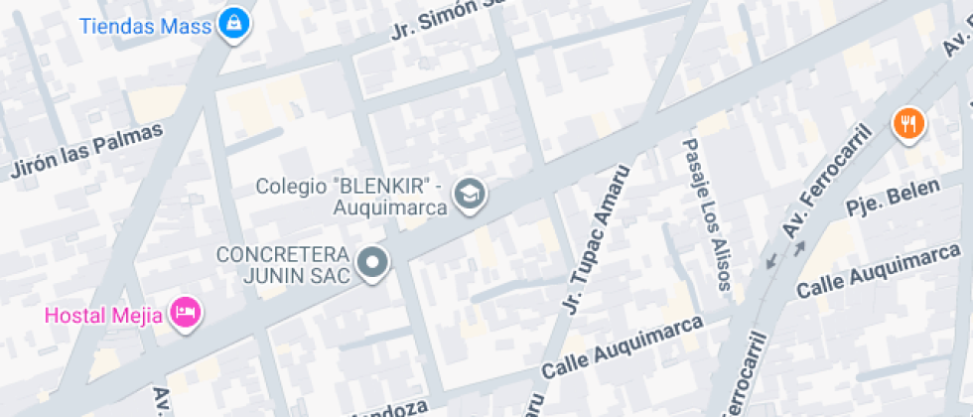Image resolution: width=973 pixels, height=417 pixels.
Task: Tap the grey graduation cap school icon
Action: (x=469, y=196)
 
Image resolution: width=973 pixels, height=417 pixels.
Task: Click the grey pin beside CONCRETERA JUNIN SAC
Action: (x=373, y=264)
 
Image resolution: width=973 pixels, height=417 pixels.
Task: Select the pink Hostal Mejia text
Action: (x=104, y=315)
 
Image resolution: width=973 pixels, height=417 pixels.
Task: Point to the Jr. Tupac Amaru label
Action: (x=596, y=238)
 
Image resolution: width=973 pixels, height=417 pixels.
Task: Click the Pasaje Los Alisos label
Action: (x=706, y=213)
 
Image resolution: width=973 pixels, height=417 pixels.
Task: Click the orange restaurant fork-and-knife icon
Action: (x=908, y=124)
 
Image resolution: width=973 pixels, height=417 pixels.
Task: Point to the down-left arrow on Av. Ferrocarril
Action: (x=770, y=261)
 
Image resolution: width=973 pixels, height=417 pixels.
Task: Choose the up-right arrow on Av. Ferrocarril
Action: (x=798, y=246)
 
